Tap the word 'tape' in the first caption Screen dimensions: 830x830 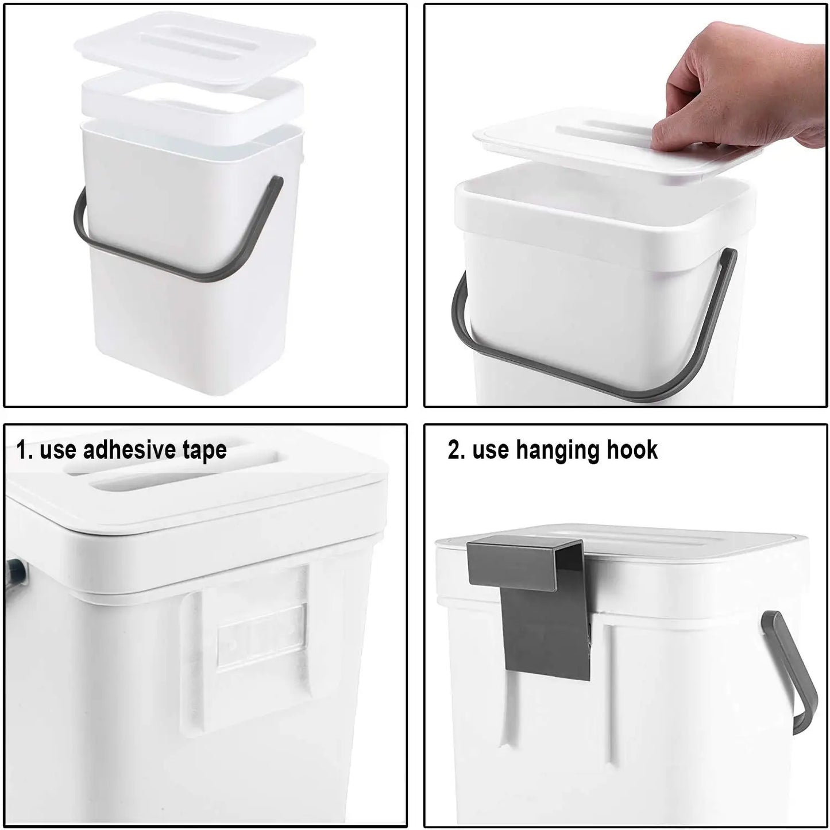(x=204, y=451)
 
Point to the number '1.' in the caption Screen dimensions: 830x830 (x=25, y=450)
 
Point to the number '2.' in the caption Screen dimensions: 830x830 (x=457, y=450)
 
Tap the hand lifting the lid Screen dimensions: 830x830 (x=747, y=86)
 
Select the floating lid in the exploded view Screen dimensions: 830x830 (x=195, y=46)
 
